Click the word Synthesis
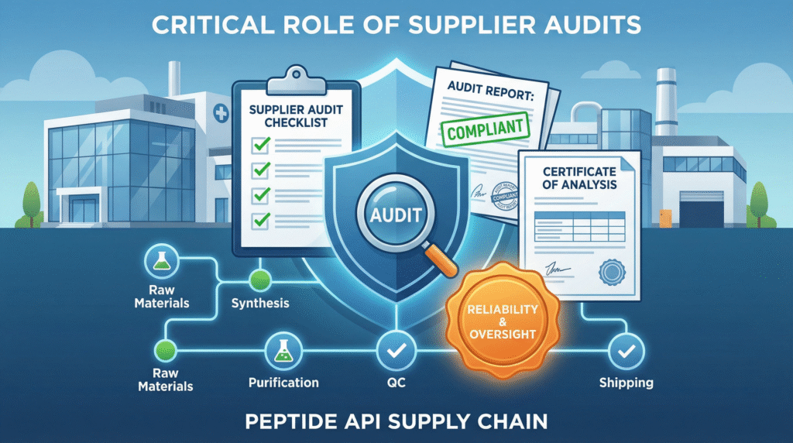coord(260,303)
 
